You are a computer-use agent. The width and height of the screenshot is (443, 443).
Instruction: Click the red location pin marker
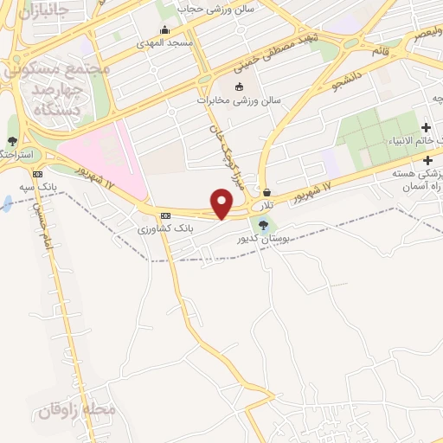point(221,204)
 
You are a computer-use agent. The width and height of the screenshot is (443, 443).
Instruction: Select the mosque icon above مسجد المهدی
point(164,29)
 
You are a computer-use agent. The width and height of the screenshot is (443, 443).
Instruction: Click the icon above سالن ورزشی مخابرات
point(239,86)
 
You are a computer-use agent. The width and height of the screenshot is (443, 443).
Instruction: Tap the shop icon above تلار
point(266,192)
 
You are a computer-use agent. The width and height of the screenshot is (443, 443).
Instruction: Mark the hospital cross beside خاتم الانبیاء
point(427,128)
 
